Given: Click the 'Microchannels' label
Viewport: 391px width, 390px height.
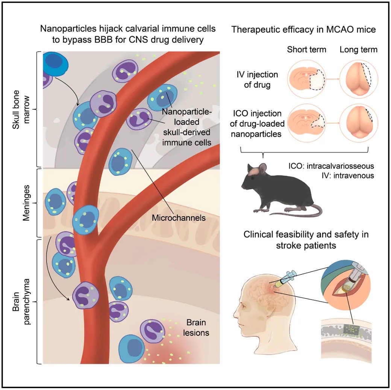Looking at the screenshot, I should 179,217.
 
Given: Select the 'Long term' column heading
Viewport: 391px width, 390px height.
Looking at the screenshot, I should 358,50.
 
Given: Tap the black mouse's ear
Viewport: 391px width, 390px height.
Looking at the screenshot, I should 262,168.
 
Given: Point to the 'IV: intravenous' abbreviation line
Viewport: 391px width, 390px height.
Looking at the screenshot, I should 346,175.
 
